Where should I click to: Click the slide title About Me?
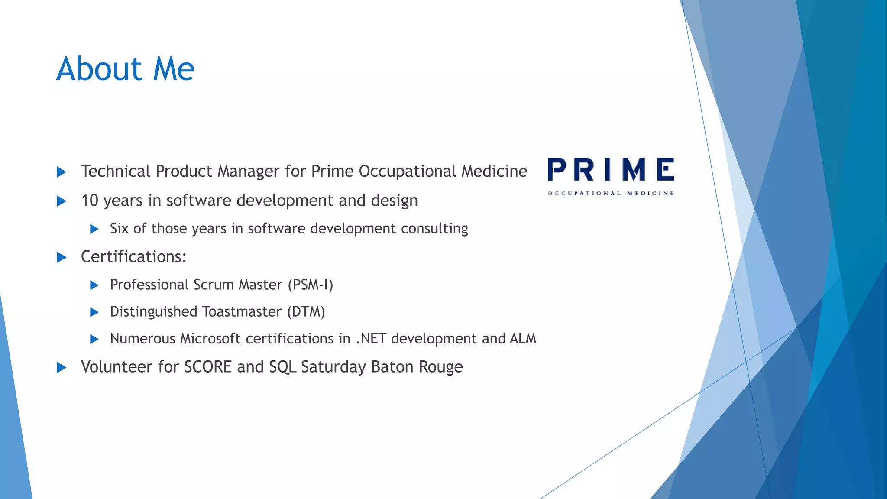pos(125,69)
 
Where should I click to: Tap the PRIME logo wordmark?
pos(611,169)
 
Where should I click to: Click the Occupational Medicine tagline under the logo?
pos(611,193)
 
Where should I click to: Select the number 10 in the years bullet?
pos(90,201)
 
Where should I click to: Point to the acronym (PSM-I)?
pos(310,285)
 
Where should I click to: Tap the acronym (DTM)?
pos(306,312)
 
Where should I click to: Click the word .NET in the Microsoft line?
pos(371,339)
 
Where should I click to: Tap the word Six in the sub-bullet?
pos(119,229)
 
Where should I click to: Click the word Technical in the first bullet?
pos(116,172)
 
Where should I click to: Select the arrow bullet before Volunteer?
pos(62,368)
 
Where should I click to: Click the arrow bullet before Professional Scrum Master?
pos(94,285)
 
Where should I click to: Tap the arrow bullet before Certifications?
pos(62,258)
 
